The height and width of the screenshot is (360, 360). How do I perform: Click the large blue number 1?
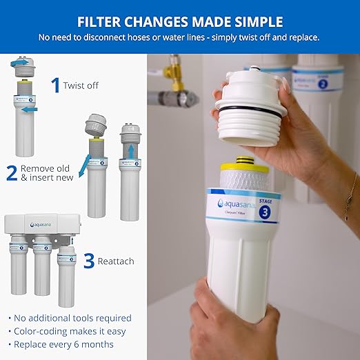(54, 85)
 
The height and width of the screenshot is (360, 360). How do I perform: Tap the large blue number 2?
(11, 172)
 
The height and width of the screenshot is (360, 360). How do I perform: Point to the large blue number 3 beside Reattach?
(88, 261)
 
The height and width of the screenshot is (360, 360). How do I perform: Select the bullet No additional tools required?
(70, 318)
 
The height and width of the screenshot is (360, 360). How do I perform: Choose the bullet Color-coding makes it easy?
(66, 330)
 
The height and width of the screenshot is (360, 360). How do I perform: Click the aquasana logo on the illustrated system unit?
(41, 224)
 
